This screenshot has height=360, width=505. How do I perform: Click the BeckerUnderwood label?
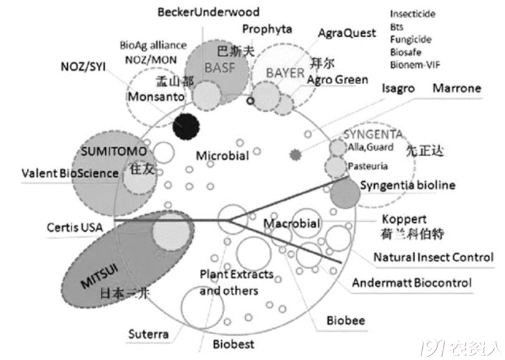(208, 12)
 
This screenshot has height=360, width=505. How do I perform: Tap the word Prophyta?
(268, 29)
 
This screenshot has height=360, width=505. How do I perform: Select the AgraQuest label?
(346, 32)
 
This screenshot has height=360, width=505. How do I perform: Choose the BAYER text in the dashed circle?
(285, 73)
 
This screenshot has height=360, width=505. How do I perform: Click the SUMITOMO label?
(114, 151)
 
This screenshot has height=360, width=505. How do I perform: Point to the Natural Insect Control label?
(433, 257)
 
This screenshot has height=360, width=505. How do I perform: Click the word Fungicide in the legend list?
(410, 39)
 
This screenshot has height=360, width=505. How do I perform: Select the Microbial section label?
(222, 155)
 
